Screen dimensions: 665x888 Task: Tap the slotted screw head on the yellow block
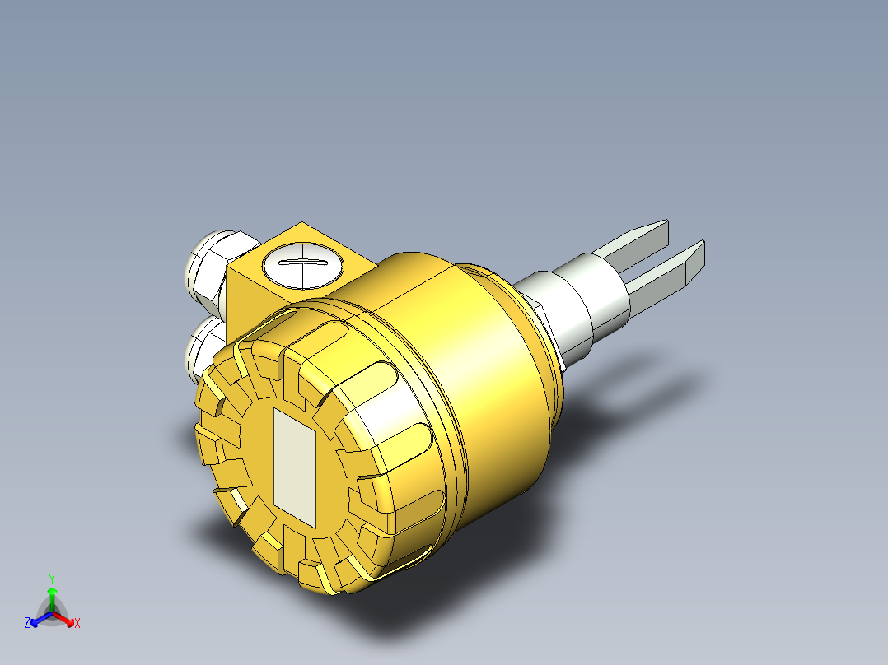coord(299,263)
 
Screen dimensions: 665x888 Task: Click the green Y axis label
coord(51,578)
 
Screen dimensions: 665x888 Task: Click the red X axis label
coord(77,624)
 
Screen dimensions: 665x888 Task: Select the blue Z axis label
coord(27,624)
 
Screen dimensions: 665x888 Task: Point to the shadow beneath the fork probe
coord(659,387)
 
